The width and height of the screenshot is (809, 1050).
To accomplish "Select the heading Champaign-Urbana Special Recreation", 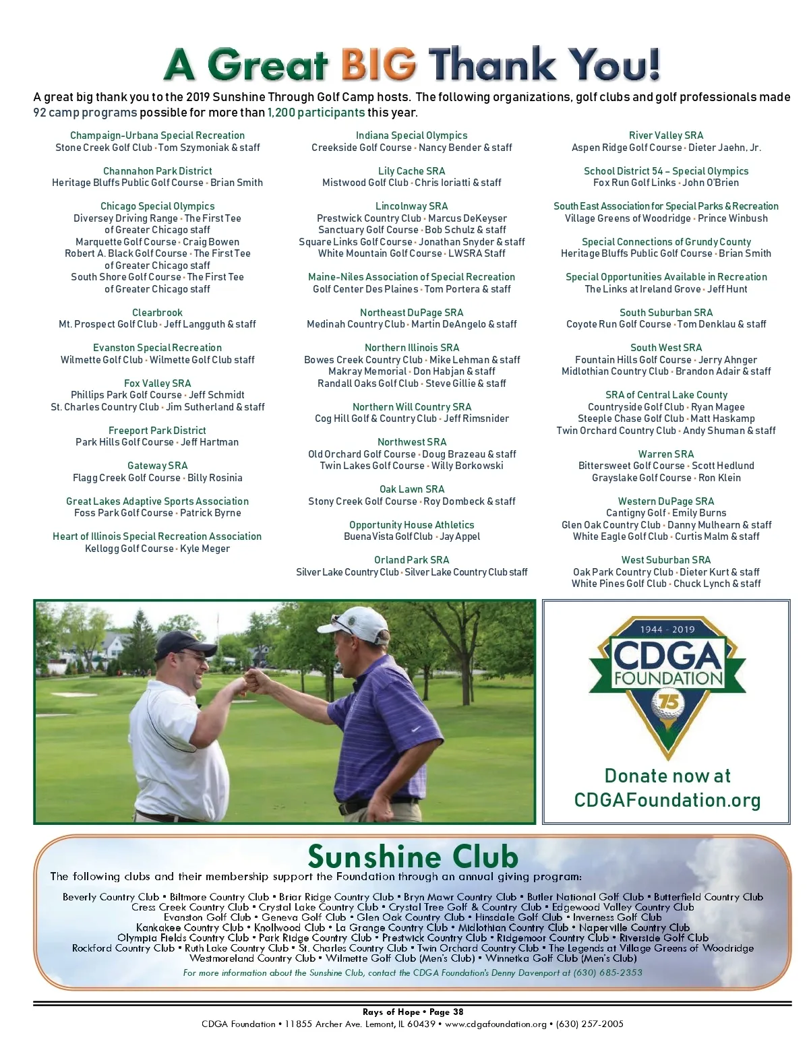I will click(x=157, y=135).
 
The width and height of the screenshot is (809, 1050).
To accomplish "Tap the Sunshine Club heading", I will click(x=413, y=856).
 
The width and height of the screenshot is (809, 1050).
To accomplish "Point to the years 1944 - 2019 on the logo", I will click(x=667, y=629).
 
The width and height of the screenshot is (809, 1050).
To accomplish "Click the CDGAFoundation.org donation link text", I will click(x=667, y=800).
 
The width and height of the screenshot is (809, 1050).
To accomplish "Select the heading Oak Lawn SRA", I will click(x=412, y=489).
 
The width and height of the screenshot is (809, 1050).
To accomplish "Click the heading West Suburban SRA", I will click(x=666, y=560).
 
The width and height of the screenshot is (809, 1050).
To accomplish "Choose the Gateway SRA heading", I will click(x=157, y=466).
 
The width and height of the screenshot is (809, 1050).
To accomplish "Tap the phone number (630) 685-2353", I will click(x=607, y=972).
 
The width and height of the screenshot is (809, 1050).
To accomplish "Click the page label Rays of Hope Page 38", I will click(x=413, y=1012).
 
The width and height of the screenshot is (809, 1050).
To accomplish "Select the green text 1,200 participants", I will click(x=316, y=113).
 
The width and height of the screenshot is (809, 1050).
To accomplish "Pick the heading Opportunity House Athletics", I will click(x=412, y=525).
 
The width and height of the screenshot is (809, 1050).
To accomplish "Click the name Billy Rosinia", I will click(x=214, y=478).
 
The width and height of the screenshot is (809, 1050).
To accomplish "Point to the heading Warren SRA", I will click(x=666, y=454).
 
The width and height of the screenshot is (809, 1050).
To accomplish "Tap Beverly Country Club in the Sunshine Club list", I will click(x=111, y=897).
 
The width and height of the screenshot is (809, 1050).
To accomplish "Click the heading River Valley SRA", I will click(x=666, y=135).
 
